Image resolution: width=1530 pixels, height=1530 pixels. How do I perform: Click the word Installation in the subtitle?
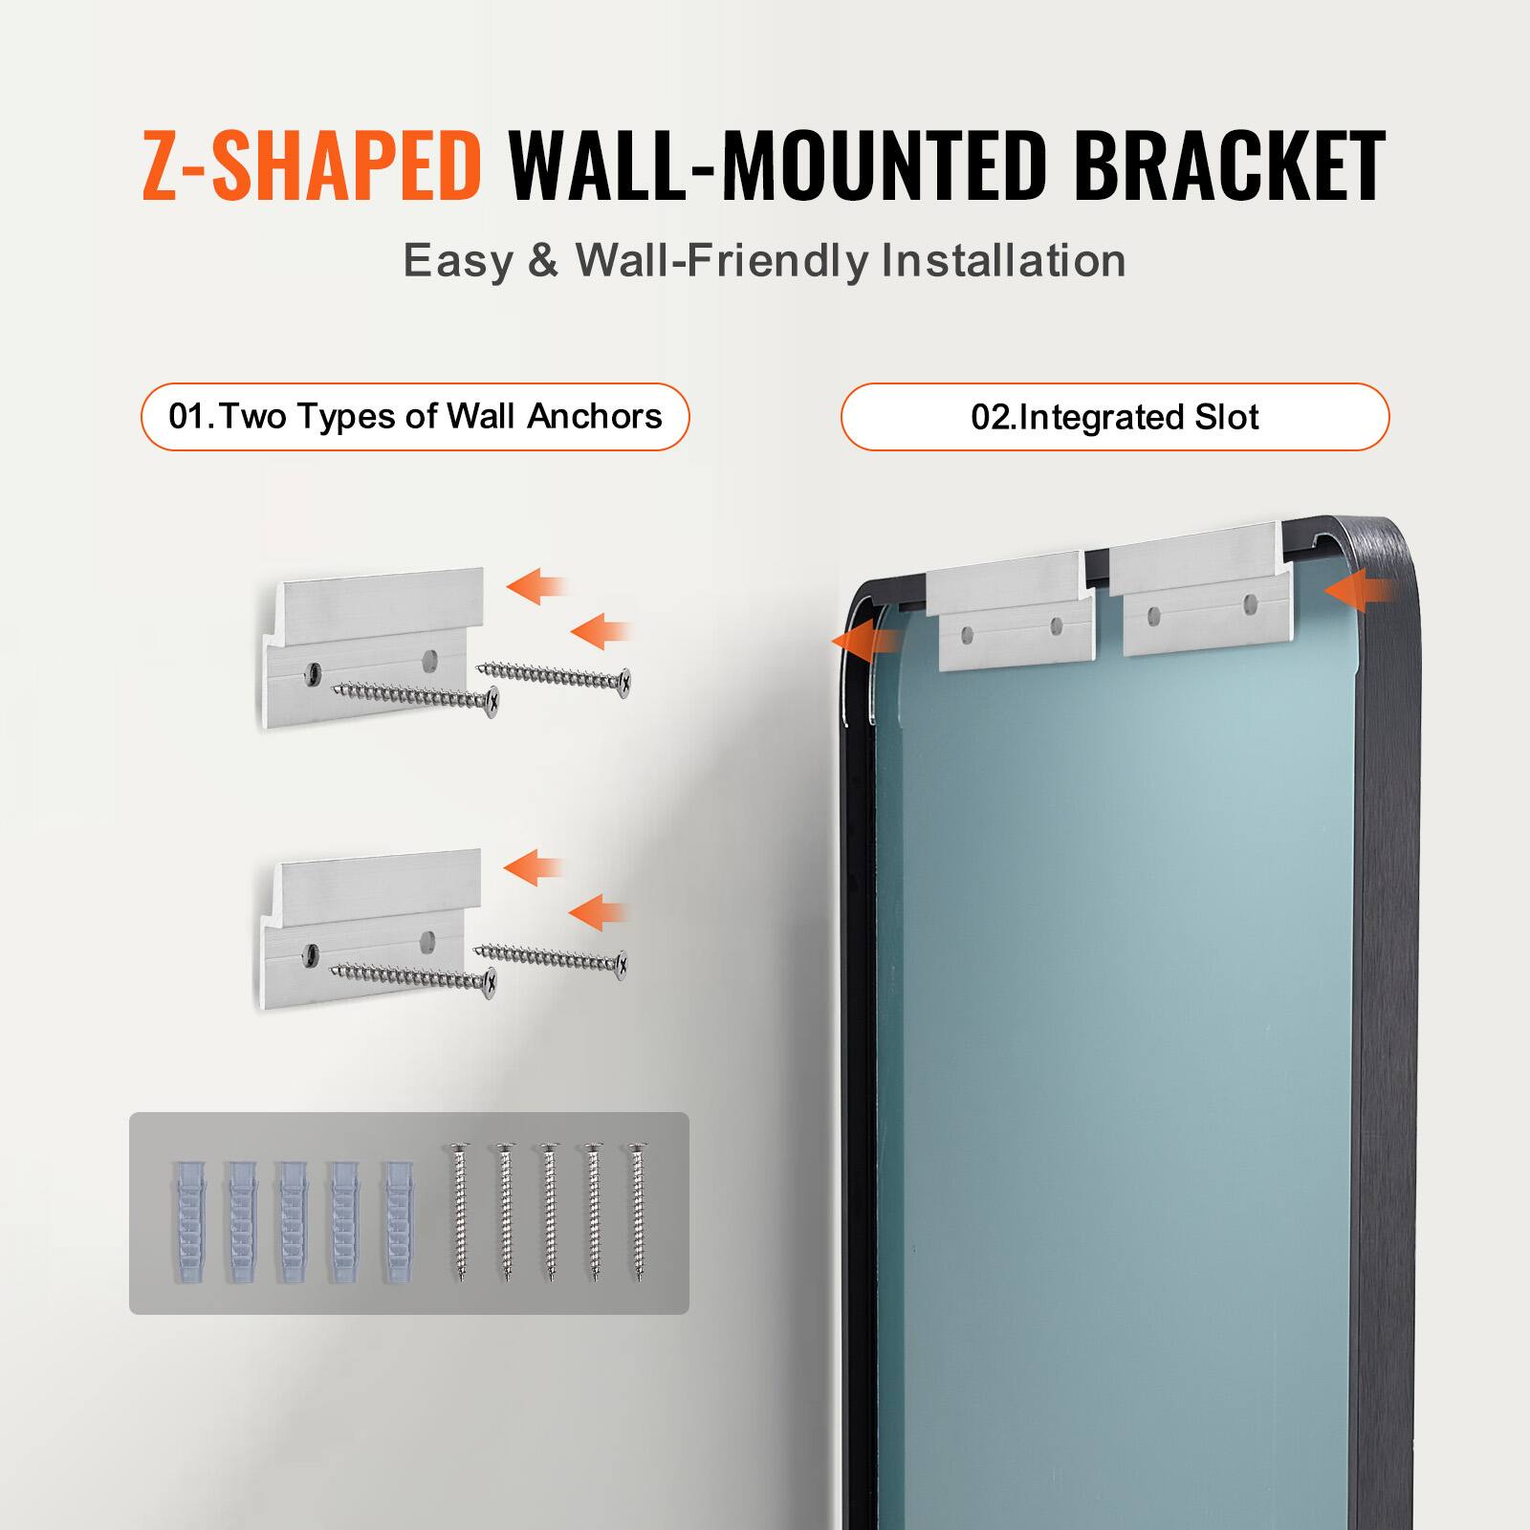tap(1003, 260)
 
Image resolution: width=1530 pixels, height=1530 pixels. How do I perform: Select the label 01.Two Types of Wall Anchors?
tap(415, 417)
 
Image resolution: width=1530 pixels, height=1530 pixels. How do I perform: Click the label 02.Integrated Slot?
tap(1114, 418)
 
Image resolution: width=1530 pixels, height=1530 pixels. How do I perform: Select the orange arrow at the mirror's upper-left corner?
tap(863, 639)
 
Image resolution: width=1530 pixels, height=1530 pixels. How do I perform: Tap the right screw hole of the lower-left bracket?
tap(429, 940)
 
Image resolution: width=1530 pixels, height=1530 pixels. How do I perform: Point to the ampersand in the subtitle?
tap(542, 260)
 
